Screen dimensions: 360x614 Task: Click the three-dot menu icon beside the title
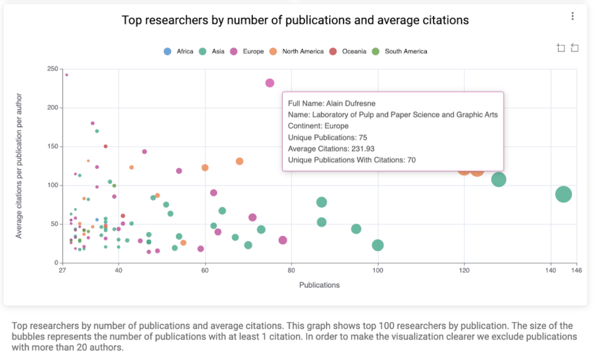pyautogui.click(x=573, y=16)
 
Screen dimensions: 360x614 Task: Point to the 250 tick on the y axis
pyautogui.click(x=52, y=69)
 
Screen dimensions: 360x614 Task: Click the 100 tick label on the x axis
pyautogui.click(x=378, y=271)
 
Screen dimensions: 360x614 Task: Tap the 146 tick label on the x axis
pyautogui.click(x=576, y=271)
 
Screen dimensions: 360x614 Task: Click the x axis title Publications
pyautogui.click(x=319, y=285)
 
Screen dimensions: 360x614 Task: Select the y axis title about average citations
pyautogui.click(x=19, y=166)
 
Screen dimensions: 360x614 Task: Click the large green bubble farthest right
pyautogui.click(x=563, y=194)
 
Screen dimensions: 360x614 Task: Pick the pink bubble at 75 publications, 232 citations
pyautogui.click(x=270, y=83)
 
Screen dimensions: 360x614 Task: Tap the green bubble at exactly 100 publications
pyautogui.click(x=378, y=245)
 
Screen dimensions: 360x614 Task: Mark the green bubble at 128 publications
pyautogui.click(x=499, y=179)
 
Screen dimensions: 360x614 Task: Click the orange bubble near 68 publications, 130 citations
pyautogui.click(x=239, y=161)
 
